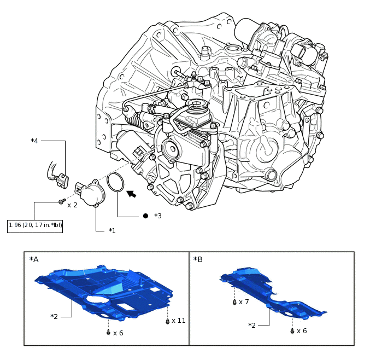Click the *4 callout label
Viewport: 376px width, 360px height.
tap(34, 141)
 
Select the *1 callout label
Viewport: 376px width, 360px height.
tap(113, 230)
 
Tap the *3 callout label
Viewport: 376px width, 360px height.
tap(158, 216)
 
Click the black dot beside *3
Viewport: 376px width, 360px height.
tap(145, 216)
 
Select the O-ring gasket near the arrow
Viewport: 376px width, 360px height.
tap(115, 183)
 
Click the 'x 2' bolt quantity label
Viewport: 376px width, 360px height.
tap(72, 205)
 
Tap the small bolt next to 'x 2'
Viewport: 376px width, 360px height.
tap(61, 202)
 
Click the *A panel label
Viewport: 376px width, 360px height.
tap(34, 259)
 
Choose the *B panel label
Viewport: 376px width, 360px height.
tap(198, 259)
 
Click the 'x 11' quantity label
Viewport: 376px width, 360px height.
tap(179, 321)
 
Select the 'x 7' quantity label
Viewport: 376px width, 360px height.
tap(243, 302)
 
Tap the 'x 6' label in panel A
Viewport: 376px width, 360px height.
tap(118, 333)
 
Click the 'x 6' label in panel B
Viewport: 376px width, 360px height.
tap(301, 331)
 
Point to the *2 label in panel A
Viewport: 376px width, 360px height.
tap(54, 316)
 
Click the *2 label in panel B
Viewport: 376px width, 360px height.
tap(252, 326)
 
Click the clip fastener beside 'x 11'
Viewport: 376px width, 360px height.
tap(167, 321)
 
